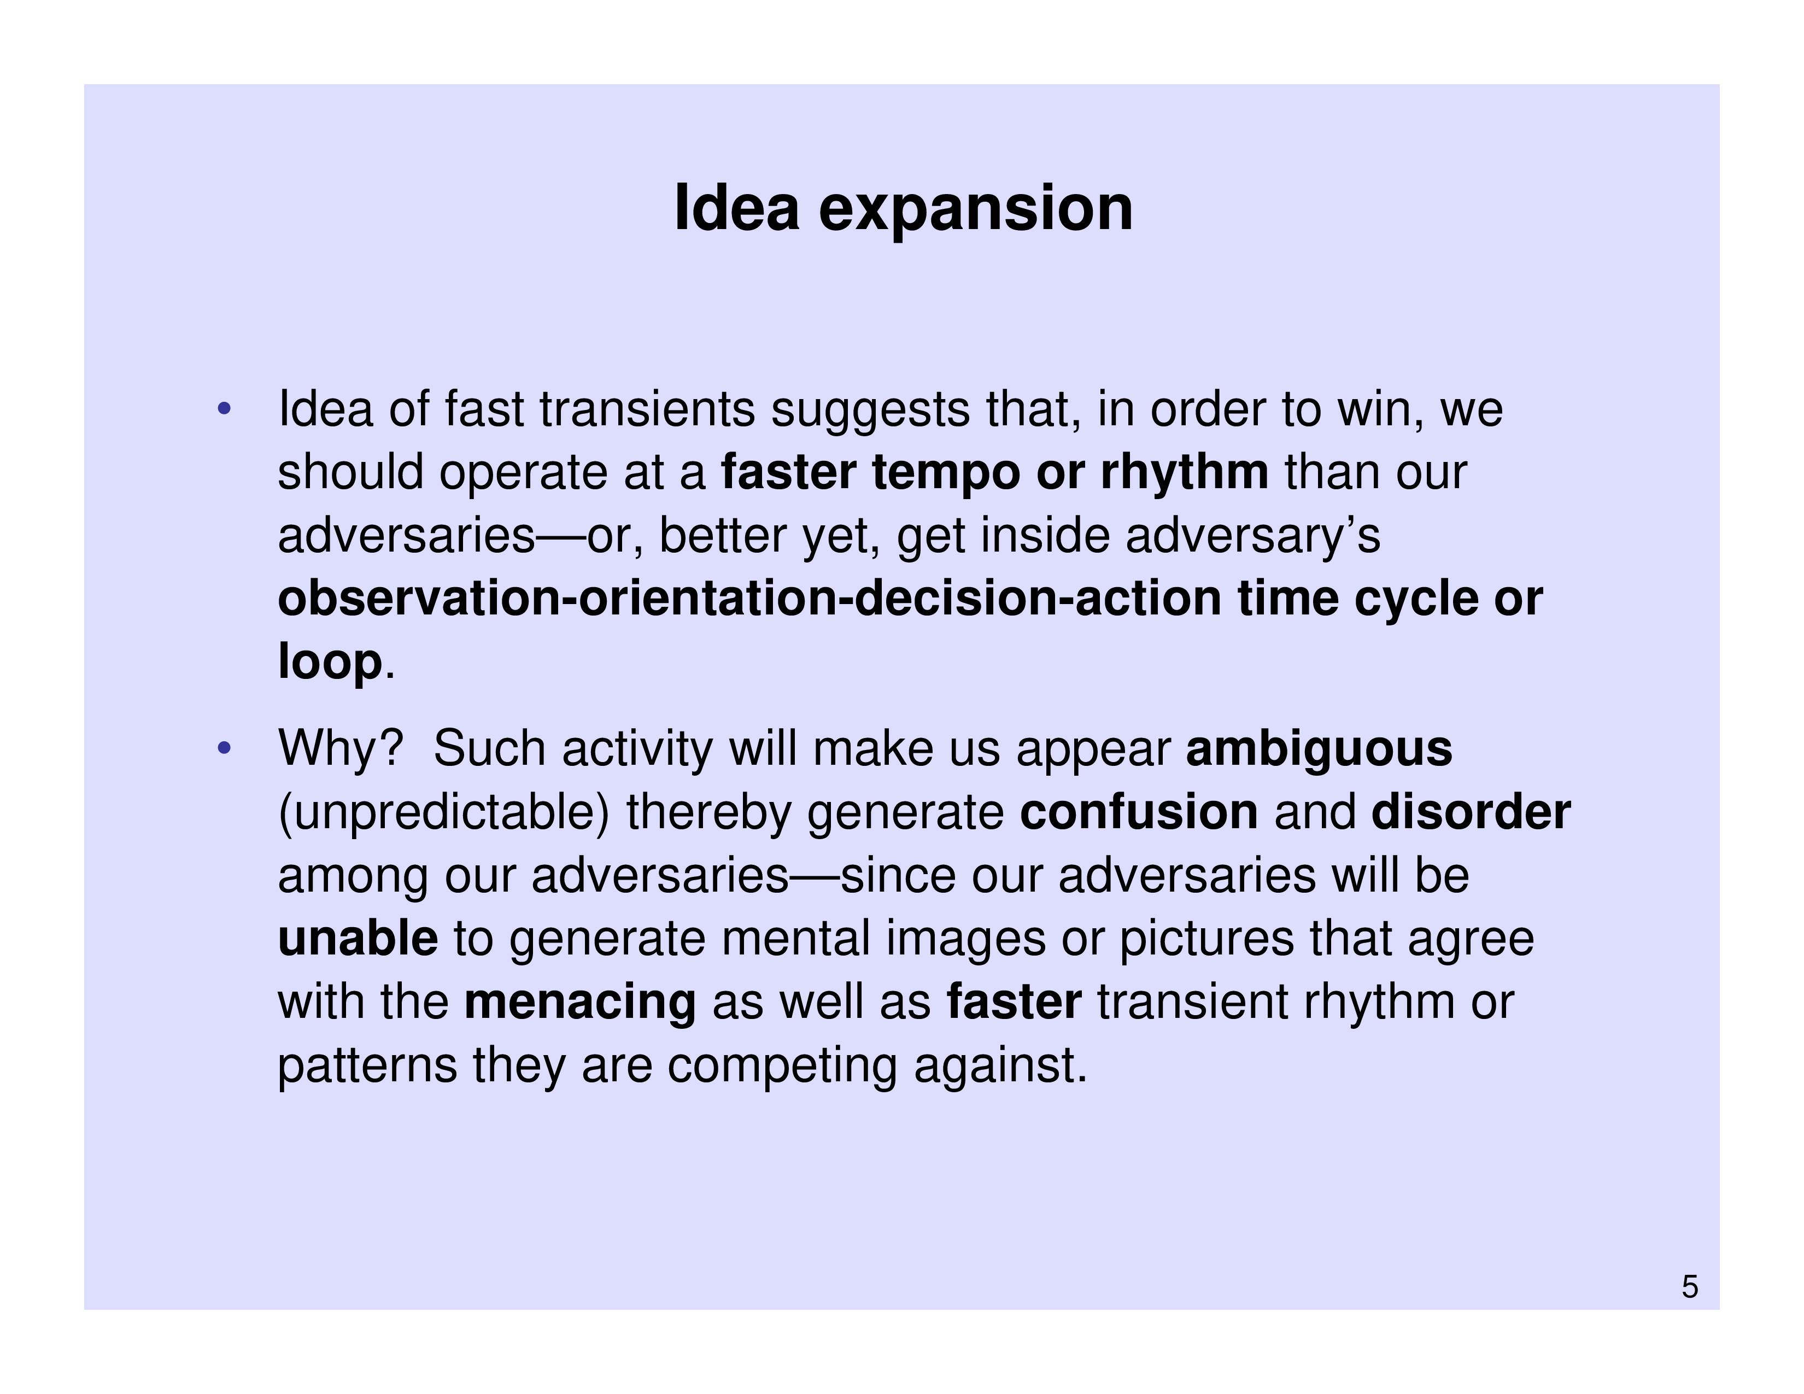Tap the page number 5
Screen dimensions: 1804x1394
[x=1689, y=1287]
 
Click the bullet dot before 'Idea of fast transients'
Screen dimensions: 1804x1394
[x=223, y=409]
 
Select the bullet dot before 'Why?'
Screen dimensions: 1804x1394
[x=223, y=749]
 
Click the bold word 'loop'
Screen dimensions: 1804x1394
[x=330, y=661]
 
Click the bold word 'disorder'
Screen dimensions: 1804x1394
[x=1471, y=812]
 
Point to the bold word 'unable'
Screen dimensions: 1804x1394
[x=358, y=938]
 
